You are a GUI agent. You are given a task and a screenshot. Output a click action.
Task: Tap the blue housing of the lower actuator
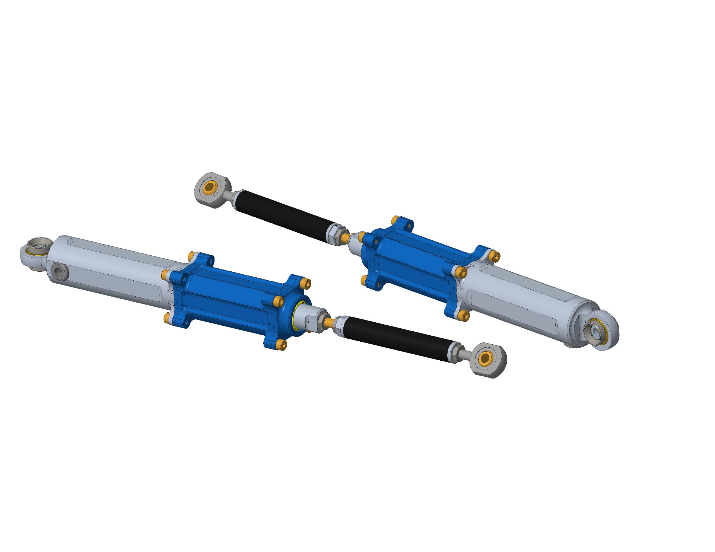231,298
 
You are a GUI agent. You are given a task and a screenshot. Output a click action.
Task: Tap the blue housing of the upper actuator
410,261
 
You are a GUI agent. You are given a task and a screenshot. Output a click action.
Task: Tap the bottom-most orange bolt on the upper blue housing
464,316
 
